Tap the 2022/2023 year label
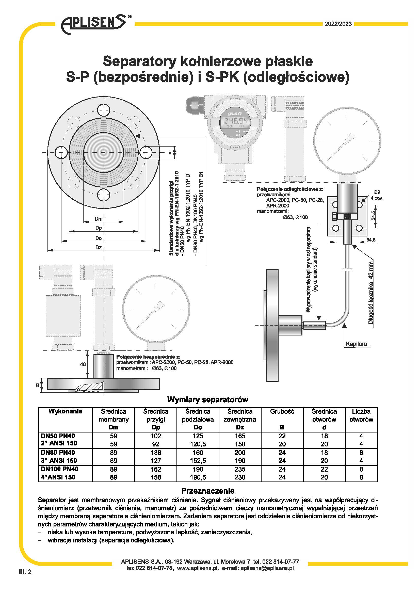tap(338, 24)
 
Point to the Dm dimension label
tap(99, 219)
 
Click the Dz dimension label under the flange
tap(99, 247)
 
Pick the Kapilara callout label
tap(356, 344)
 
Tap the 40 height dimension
tap(83, 364)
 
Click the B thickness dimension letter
tap(38, 386)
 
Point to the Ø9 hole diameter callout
tap(377, 192)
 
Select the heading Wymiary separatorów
tap(208, 400)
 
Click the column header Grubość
tap(282, 412)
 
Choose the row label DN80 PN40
tap(58, 453)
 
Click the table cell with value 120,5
tap(198, 444)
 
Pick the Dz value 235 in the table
tap(240, 469)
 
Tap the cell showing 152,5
tap(198, 460)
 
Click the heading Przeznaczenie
tap(208, 491)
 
